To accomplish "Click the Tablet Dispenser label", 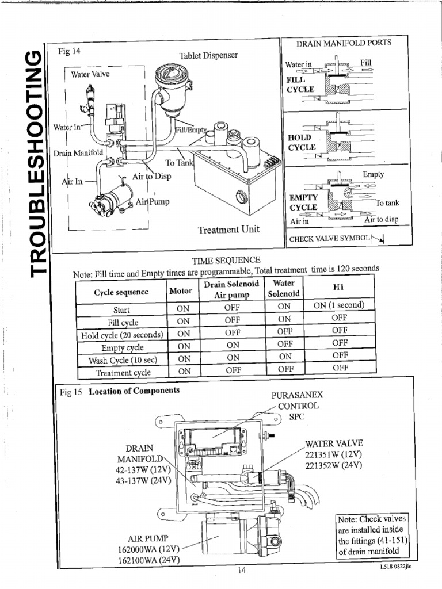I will [x=208, y=55].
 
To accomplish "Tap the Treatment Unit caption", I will [x=228, y=230].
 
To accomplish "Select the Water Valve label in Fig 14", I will [x=90, y=74].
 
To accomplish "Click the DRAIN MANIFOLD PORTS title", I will [x=344, y=44].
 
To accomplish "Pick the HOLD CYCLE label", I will [x=302, y=142].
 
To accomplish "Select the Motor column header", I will [x=181, y=290].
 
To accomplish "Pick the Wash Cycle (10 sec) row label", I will [x=122, y=360].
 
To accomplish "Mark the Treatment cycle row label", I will [x=122, y=372].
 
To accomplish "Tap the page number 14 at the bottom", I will [x=241, y=571].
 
